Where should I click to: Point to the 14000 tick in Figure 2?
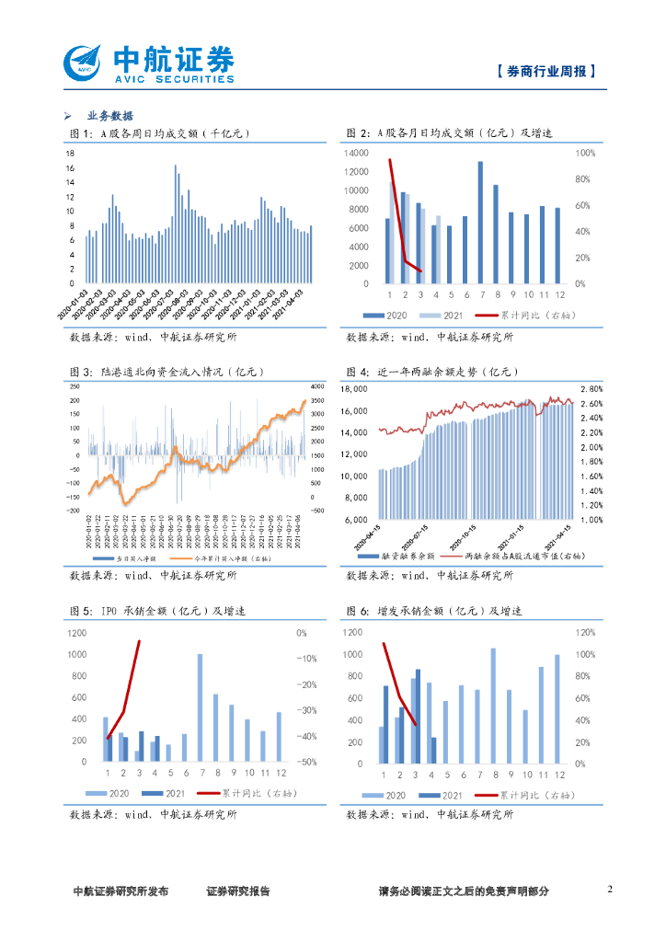357,153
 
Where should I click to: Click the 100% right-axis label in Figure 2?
585,153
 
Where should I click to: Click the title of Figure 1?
158,134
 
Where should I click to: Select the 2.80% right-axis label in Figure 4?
591,388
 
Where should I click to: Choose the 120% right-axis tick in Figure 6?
585,633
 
